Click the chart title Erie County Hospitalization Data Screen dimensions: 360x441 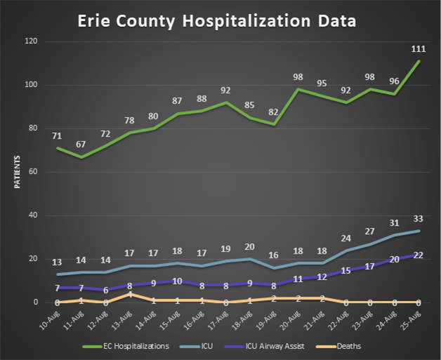(217, 21)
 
